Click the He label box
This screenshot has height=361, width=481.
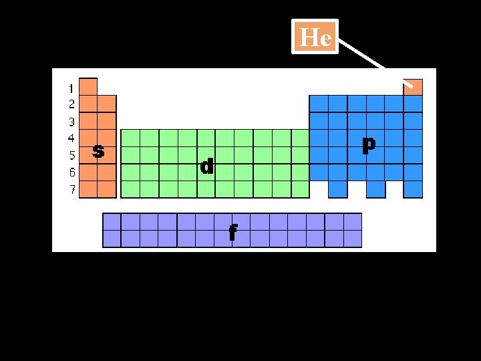pyautogui.click(x=315, y=37)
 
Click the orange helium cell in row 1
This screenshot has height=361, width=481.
pyautogui.click(x=414, y=87)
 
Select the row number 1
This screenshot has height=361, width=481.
pyautogui.click(x=71, y=88)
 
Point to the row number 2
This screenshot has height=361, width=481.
pyautogui.click(x=71, y=104)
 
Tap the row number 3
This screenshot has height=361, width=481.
pyautogui.click(x=71, y=122)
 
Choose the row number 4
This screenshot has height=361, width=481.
pyautogui.click(x=71, y=138)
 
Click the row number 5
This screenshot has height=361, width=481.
pyautogui.click(x=71, y=155)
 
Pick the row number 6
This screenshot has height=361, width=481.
pyautogui.click(x=71, y=172)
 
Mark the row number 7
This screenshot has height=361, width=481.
pyautogui.click(x=71, y=189)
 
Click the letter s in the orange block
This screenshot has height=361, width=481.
pyautogui.click(x=98, y=152)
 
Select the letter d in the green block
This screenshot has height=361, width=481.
pyautogui.click(x=208, y=166)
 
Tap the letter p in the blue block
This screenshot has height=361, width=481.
pyautogui.click(x=368, y=144)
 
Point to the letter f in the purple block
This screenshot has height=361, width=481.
pyautogui.click(x=232, y=232)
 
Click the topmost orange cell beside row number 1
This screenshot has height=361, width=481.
pyautogui.click(x=88, y=87)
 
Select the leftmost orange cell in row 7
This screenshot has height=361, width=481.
pyautogui.click(x=88, y=189)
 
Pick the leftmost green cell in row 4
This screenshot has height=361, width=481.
pyautogui.click(x=130, y=138)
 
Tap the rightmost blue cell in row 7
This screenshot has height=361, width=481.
pyautogui.click(x=414, y=189)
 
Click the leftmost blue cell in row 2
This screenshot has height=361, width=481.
pyautogui.click(x=319, y=104)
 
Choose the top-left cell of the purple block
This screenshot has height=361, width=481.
pyautogui.click(x=112, y=221)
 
